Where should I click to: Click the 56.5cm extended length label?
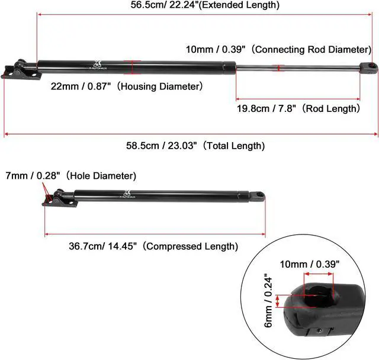pyautogui.click(x=204, y=5)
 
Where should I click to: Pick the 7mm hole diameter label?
pyautogui.click(x=70, y=176)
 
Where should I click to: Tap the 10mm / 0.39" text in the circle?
pyautogui.click(x=309, y=264)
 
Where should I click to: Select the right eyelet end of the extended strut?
pyautogui.click(x=368, y=66)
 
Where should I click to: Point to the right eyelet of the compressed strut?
pyautogui.click(x=258, y=194)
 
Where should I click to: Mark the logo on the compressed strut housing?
pyautogui.click(x=127, y=194)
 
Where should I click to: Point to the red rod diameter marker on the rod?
pyautogui.click(x=280, y=68)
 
